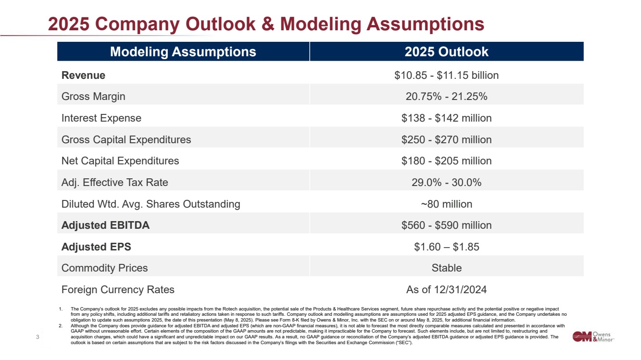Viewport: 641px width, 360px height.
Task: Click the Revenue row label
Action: tap(83, 75)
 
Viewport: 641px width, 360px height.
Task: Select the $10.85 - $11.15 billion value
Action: tap(446, 75)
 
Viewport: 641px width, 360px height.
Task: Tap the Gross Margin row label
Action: tap(93, 97)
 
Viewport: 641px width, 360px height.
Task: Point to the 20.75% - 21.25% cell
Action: tap(446, 97)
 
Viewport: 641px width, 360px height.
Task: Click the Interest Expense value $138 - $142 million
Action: tap(446, 118)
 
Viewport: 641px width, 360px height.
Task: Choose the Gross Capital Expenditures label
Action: tap(126, 139)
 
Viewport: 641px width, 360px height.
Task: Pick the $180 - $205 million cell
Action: tap(446, 161)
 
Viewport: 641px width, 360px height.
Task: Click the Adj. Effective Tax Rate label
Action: tap(114, 183)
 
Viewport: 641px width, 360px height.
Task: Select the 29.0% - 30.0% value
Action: tap(446, 183)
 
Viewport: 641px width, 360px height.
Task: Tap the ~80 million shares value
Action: tap(446, 204)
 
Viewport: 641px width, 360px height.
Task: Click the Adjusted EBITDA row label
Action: tap(105, 225)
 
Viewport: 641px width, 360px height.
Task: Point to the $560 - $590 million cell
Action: tap(446, 225)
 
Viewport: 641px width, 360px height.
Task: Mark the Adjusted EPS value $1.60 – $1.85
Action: tap(446, 247)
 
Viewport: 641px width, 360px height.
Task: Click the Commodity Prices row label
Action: tap(104, 268)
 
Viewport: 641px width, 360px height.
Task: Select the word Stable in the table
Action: tap(446, 268)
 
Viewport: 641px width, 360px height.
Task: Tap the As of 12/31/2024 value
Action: tap(446, 290)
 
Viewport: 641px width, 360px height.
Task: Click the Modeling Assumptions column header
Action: tap(183, 52)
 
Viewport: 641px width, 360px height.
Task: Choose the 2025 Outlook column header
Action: tap(446, 52)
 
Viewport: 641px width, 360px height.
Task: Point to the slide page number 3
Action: tap(38, 337)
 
